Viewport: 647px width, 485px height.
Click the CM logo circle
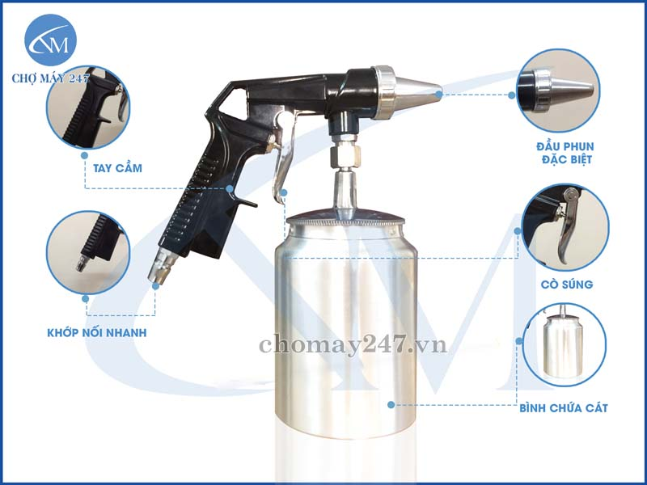50,40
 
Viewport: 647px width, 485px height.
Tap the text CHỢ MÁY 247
50,78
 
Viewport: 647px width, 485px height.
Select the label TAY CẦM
117,168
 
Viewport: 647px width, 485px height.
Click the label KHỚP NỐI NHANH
97,332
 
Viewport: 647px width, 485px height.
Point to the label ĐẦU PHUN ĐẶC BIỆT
565,153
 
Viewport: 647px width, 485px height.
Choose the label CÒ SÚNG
567,285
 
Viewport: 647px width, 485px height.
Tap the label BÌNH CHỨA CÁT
564,408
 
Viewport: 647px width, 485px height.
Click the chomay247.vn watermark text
353,346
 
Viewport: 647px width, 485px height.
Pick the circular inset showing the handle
88,108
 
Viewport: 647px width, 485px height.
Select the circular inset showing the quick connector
88,253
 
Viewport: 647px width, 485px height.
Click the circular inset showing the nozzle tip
558,91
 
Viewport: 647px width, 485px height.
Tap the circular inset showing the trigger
565,227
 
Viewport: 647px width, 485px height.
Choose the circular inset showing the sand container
564,345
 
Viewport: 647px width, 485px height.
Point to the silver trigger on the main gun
284,157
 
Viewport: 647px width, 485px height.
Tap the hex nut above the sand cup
345,156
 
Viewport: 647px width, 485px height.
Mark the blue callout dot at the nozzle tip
439,94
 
